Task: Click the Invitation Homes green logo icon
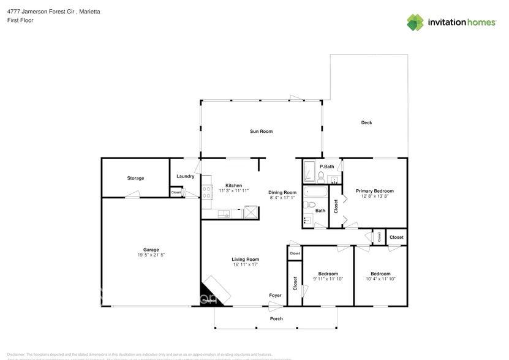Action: coord(415,23)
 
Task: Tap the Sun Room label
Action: coord(261,131)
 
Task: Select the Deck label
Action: coord(366,122)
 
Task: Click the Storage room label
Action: coord(135,178)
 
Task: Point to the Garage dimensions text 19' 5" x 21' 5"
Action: coord(151,254)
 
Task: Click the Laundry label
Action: coord(185,176)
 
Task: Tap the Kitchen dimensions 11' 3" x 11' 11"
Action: coord(233,190)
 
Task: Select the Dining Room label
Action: coord(282,192)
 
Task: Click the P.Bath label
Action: coord(326,167)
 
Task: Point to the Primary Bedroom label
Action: coord(375,191)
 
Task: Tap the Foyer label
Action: coord(276,296)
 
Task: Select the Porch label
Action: coord(276,318)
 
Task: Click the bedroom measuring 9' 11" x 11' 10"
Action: coord(328,276)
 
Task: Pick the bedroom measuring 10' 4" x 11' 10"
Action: coord(380,276)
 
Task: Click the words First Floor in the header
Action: coord(20,20)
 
